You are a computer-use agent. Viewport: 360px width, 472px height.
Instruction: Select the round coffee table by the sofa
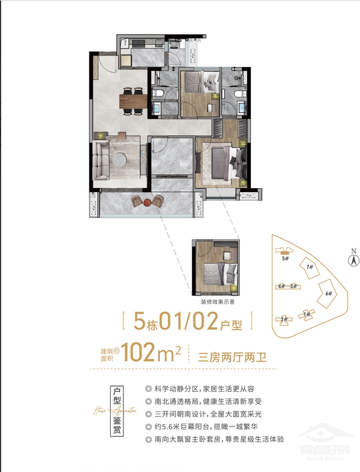pos(122,160)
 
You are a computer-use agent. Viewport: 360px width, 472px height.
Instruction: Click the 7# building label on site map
pos(310,267)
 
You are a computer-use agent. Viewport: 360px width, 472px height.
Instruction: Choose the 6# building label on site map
pos(328,294)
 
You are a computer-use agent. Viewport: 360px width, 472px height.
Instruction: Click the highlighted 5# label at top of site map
pos(284,259)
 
